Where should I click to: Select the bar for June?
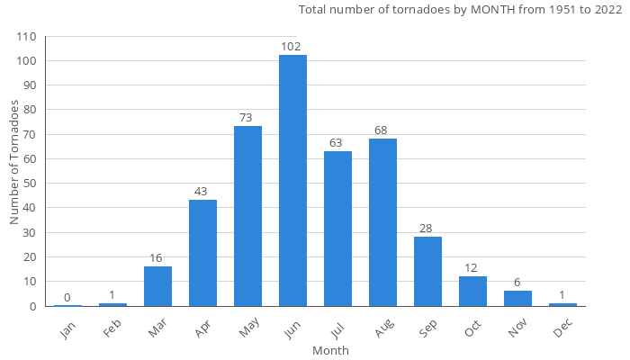click(x=292, y=180)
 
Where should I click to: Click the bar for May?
click(x=247, y=216)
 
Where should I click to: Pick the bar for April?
click(x=202, y=253)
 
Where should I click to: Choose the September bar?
click(x=427, y=271)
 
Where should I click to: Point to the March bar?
click(x=157, y=286)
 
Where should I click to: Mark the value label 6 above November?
click(x=517, y=282)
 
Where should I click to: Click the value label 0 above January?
click(x=67, y=297)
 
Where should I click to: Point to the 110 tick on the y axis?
click(x=26, y=37)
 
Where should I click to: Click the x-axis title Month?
click(x=330, y=350)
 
